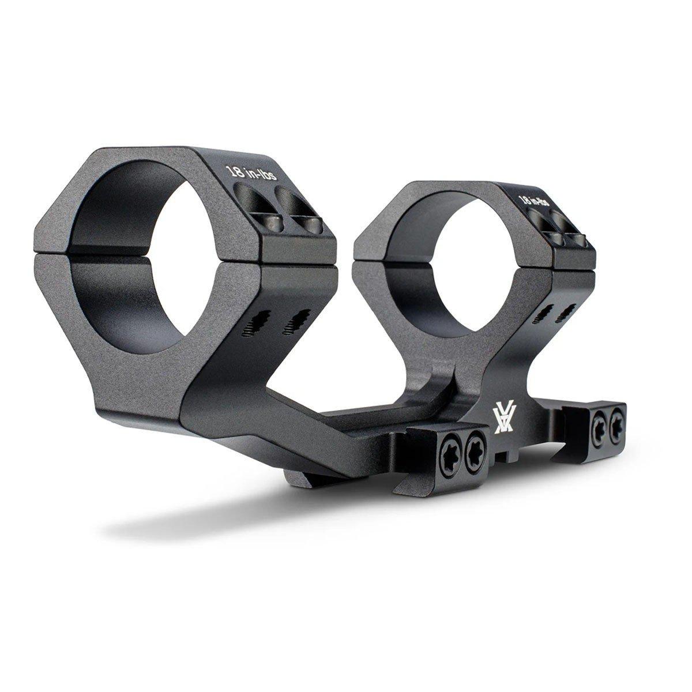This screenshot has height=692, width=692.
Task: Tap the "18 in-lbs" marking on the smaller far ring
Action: pyautogui.click(x=533, y=200)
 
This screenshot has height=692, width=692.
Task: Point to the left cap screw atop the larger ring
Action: pyautogui.click(x=272, y=223)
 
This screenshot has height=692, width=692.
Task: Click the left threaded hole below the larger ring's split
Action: pyautogui.click(x=255, y=324)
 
